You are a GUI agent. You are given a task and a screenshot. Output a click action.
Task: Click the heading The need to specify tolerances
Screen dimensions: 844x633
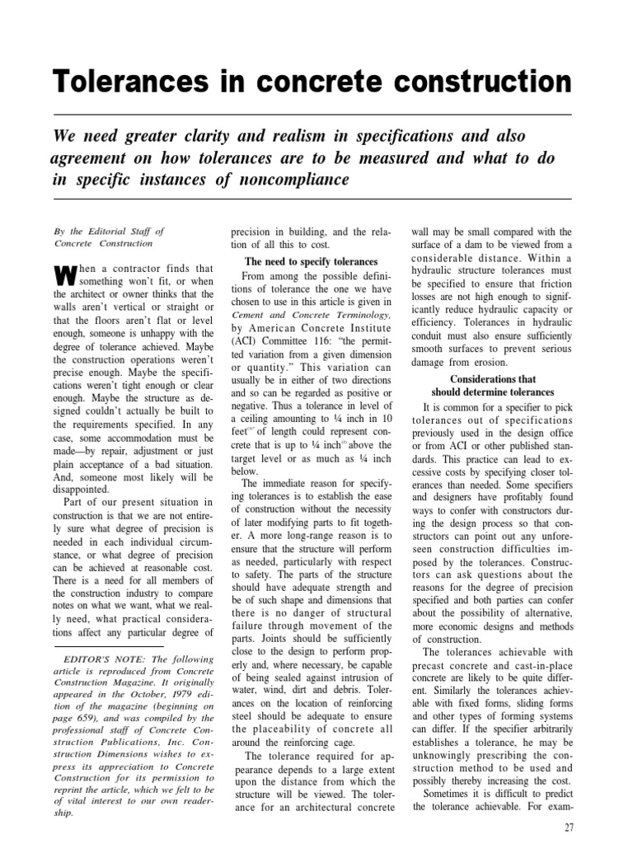pos(312,261)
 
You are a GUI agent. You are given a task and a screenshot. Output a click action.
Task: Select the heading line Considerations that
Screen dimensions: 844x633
pos(493,380)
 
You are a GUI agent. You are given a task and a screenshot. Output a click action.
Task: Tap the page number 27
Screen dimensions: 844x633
pos(570,826)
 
